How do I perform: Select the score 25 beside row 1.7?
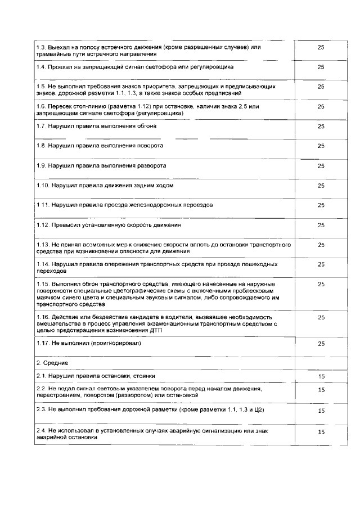321,126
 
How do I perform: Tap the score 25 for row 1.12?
321,225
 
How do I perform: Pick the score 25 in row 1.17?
321,343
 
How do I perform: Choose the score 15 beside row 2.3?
321,411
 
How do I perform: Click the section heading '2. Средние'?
52,363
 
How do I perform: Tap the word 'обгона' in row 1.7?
145,126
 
